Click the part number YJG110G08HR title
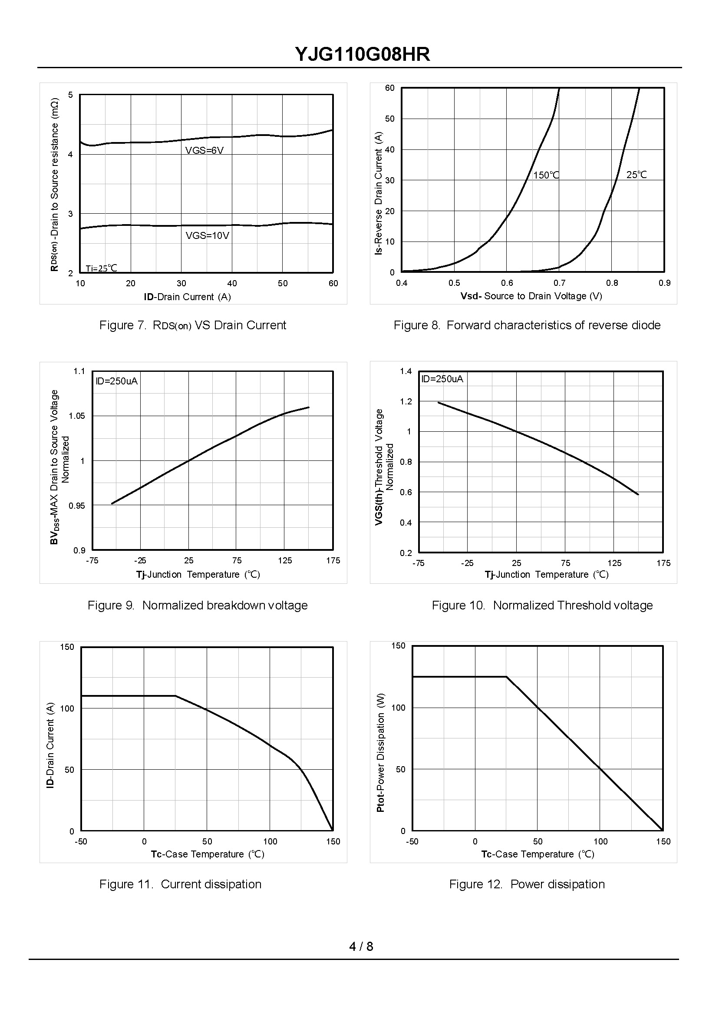coord(362,55)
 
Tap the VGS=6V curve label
coord(204,151)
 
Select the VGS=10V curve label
coord(207,235)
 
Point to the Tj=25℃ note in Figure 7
coord(102,268)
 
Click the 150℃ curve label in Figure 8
coord(546,175)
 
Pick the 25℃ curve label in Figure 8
coord(636,175)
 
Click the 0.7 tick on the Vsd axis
coord(559,283)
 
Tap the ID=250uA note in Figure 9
coord(117,381)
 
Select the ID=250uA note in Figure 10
coord(442,379)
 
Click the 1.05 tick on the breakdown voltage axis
coord(76,416)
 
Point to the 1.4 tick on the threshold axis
coord(406,371)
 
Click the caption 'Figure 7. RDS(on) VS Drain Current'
coord(193,325)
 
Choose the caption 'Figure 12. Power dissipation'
coord(527,884)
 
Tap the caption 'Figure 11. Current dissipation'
coord(180,884)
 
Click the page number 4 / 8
coord(361,947)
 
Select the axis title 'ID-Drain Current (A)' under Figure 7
coord(187,297)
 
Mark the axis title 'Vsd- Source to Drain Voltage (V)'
coord(531,296)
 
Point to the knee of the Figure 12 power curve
coord(507,677)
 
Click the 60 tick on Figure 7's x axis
coord(333,284)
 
